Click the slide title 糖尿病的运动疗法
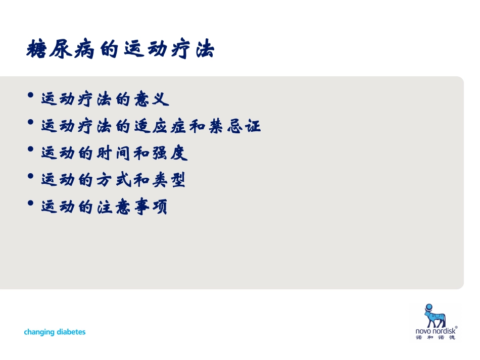click(120, 50)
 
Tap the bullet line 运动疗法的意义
click(105, 98)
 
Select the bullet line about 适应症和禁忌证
click(151, 126)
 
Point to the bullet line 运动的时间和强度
click(114, 153)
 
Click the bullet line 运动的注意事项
click(104, 207)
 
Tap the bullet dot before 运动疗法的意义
click(31, 96)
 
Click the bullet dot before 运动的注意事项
click(31, 204)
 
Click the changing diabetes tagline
click(55, 332)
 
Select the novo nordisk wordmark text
click(435, 331)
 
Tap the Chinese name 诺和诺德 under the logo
click(435, 338)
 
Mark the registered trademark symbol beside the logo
click(456, 327)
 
